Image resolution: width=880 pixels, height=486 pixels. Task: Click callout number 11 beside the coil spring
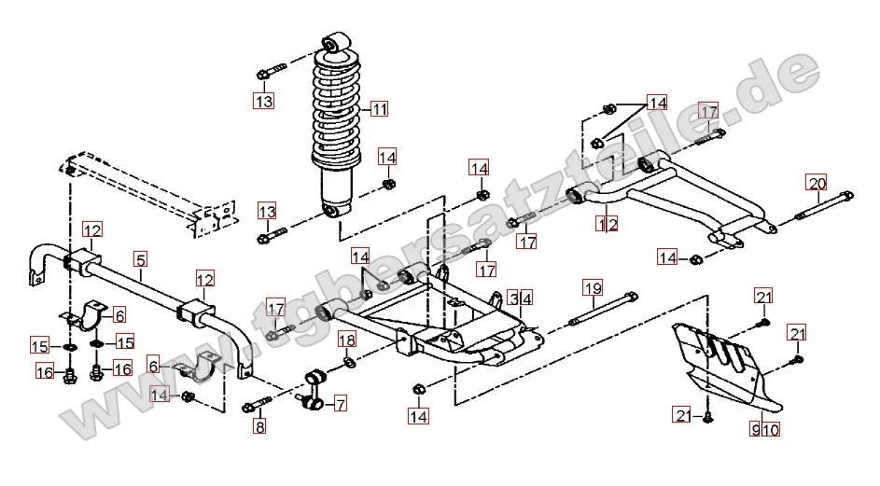pos(378,108)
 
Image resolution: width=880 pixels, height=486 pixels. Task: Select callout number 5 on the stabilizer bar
pos(140,261)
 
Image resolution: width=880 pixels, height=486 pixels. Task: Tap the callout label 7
pos(341,404)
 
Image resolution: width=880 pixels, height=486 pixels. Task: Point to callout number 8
pos(259,427)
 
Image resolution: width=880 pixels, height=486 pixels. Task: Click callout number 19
pos(590,285)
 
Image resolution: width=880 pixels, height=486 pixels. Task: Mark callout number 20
pos(817,182)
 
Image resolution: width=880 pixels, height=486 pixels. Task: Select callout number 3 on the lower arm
pos(514,299)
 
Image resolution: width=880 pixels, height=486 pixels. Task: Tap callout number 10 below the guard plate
pos(771,430)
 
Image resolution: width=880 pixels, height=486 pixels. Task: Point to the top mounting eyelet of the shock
pos(333,43)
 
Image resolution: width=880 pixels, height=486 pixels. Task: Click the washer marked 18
pos(347,363)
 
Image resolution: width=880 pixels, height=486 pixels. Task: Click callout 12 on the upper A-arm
pos(608,224)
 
